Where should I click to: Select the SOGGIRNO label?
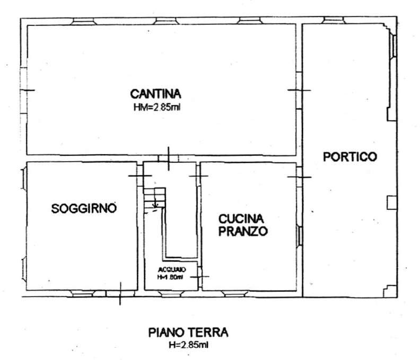click(x=83, y=208)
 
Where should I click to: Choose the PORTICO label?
click(x=350, y=157)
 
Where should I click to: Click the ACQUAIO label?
click(x=170, y=269)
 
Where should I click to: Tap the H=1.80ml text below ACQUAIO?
click(x=170, y=277)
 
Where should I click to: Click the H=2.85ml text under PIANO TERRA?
click(x=188, y=345)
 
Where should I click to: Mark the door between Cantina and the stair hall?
click(x=169, y=158)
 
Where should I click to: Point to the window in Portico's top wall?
click(x=334, y=21)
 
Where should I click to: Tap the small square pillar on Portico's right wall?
click(x=391, y=203)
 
